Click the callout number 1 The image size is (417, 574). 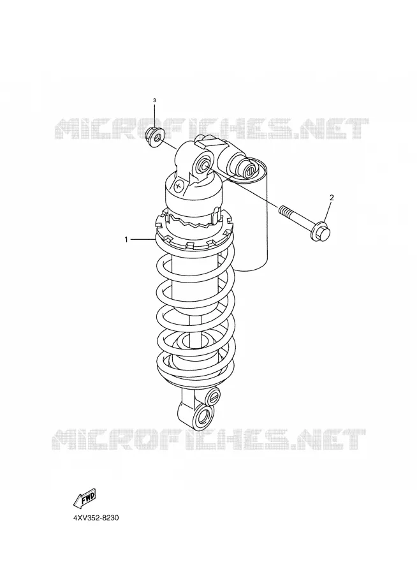point(126,240)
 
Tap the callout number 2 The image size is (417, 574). point(332,198)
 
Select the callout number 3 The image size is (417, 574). point(154,100)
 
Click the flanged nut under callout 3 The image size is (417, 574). point(154,136)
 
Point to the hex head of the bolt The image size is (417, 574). point(322,232)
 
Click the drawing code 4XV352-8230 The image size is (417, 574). point(96,519)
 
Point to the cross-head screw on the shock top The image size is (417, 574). point(179,185)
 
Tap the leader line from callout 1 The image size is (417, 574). point(143,239)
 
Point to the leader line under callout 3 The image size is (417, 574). point(154,117)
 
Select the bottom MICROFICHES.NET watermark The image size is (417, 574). point(208,439)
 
